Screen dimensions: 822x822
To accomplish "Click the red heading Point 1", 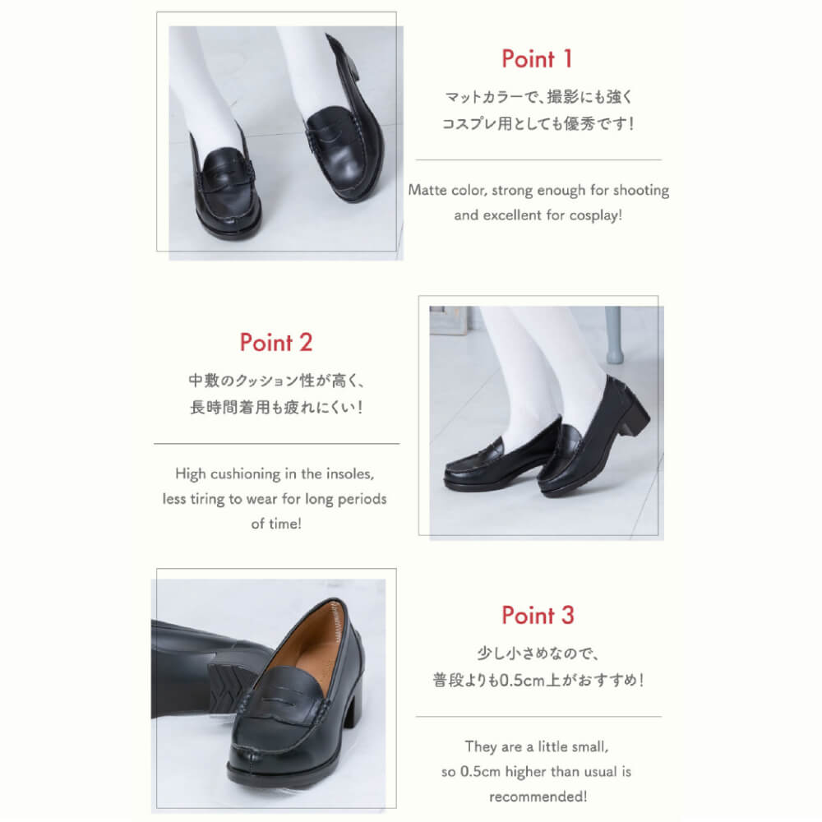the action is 536,58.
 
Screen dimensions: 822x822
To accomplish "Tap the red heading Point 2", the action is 275,342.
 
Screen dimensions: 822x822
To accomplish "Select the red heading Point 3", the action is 538,615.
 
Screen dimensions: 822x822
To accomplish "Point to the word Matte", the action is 427,190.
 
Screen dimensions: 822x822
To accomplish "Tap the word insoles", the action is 350,474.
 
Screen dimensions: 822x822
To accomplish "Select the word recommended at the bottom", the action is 538,797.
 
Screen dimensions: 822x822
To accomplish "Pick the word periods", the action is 363,499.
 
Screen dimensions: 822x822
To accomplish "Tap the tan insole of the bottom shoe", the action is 308,644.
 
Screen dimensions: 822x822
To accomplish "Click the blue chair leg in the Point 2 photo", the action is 614,335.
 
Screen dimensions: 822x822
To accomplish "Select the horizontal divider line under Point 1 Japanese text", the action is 538,160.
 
